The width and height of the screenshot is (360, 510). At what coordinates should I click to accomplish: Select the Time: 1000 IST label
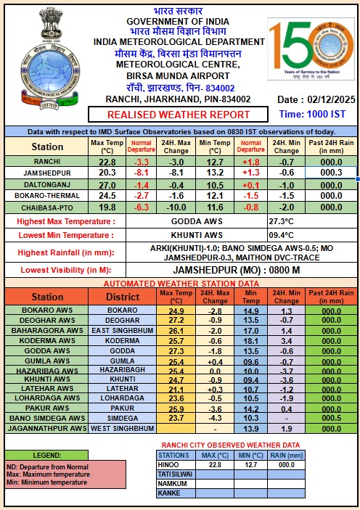313,114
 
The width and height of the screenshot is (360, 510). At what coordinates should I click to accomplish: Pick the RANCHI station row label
47,161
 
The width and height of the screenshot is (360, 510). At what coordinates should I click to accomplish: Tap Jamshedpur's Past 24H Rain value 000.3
330,173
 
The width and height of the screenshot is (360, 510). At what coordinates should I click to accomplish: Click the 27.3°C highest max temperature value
283,221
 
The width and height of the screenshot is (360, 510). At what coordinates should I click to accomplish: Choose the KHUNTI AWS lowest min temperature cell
197,234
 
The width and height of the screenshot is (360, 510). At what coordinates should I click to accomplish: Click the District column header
122,297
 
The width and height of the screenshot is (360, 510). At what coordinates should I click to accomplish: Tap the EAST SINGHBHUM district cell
122,330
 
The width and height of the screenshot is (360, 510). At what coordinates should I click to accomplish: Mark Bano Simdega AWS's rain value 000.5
331,419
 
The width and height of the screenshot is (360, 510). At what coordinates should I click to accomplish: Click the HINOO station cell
171,465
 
